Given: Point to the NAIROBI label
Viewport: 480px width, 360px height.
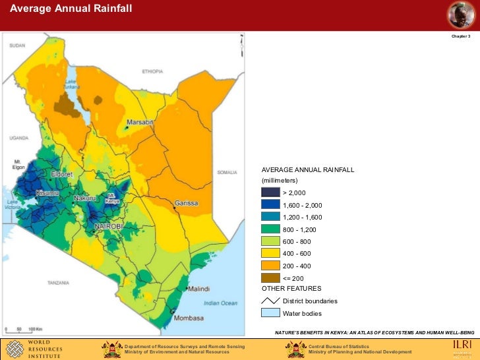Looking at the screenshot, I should click(x=109, y=226).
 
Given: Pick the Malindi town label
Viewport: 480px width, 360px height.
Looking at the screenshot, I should click(x=198, y=289).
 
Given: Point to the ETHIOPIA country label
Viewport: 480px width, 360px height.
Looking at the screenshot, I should click(x=152, y=71).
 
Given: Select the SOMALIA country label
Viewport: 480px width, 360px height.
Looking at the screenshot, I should click(x=227, y=173).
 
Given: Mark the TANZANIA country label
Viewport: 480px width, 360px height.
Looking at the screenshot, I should click(x=58, y=282).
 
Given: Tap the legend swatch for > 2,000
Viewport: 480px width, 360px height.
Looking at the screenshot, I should click(x=270, y=193).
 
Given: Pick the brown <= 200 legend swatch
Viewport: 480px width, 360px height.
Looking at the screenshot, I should click(x=270, y=278).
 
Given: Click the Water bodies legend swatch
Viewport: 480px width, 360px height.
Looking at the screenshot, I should click(x=270, y=313).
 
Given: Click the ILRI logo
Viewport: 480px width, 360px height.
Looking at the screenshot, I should click(x=462, y=347).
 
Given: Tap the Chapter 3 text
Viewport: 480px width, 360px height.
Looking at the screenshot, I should click(x=460, y=36).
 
